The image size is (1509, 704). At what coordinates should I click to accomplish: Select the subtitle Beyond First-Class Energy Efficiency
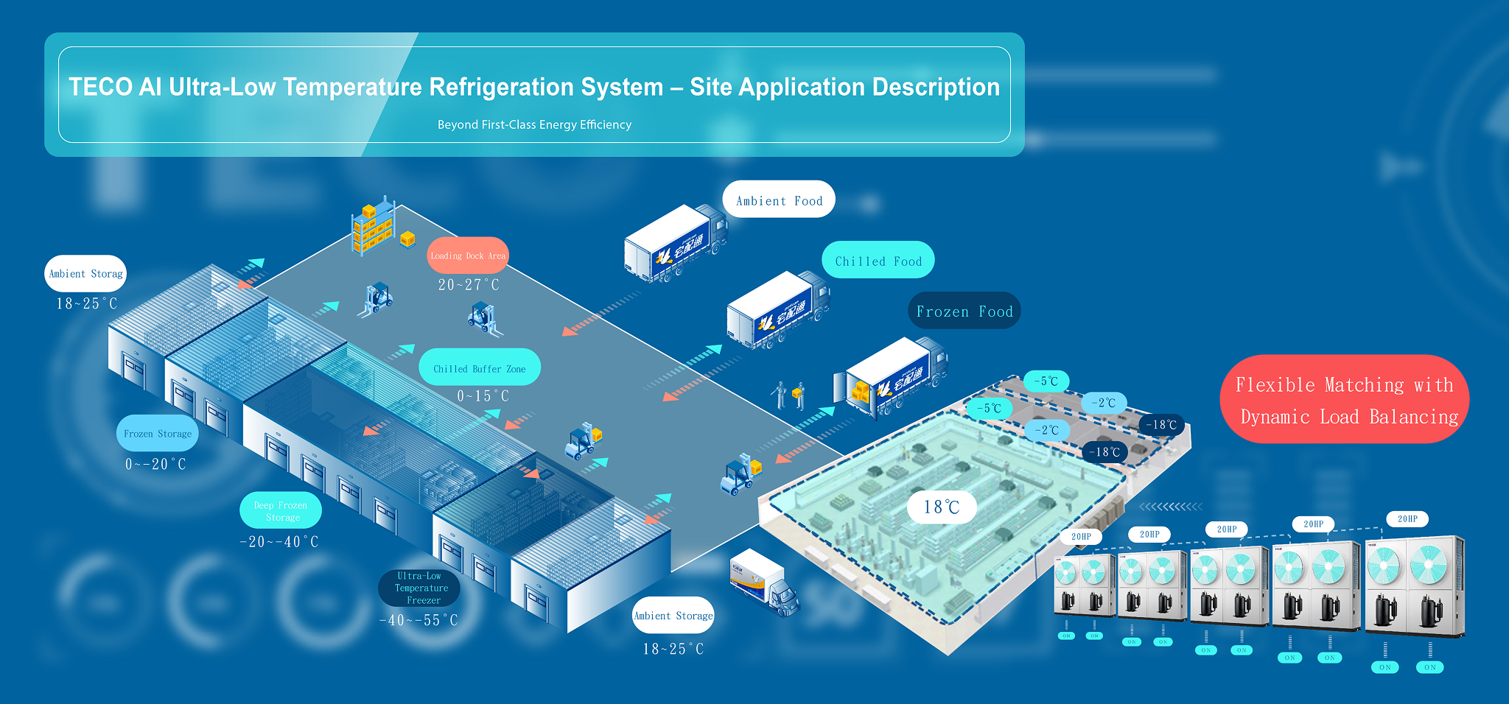(534, 124)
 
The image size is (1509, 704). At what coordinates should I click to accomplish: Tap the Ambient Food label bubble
(779, 200)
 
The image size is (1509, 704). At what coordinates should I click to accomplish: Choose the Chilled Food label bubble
(878, 261)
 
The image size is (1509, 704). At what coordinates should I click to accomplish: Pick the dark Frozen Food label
(964, 311)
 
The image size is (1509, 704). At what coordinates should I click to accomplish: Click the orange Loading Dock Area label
(468, 256)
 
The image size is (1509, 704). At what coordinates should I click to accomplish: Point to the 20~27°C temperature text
(469, 285)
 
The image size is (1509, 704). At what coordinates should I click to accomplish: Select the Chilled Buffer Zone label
(479, 368)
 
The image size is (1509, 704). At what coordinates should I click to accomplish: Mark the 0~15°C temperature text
(483, 396)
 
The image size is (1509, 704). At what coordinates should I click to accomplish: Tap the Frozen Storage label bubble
(157, 434)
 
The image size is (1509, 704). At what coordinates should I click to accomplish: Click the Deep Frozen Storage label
(281, 511)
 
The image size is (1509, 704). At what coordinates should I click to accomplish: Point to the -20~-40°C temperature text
(279, 542)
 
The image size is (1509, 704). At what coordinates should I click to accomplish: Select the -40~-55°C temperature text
(419, 620)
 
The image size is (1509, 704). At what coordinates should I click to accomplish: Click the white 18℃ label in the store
(942, 507)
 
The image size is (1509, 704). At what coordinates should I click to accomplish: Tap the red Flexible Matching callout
(1345, 400)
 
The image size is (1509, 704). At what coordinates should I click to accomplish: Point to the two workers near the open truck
(788, 395)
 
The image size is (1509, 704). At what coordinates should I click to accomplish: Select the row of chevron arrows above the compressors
(1171, 507)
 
